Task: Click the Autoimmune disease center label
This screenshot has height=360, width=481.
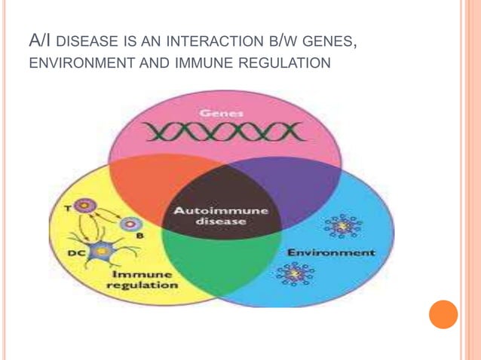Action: point(220,216)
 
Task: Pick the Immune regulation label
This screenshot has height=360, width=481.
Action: point(142,280)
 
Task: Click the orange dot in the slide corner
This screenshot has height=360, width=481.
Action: point(443,314)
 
